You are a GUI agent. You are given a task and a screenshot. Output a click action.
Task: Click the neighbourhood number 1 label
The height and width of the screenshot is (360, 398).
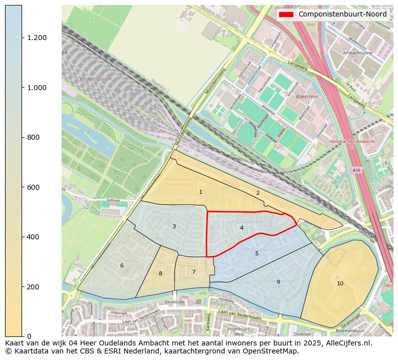coord(201,192)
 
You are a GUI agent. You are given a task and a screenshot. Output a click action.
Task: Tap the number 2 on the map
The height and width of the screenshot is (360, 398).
coord(258,193)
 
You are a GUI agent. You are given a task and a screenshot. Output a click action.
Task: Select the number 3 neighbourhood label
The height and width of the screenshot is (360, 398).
coord(174,227)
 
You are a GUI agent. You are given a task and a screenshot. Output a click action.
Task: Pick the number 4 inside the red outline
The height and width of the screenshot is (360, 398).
coord(242,228)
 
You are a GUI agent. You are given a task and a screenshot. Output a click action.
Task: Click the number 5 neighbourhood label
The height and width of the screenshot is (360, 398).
coord(257,254)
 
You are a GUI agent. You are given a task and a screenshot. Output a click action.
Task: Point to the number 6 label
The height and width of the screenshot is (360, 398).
coord(122,266)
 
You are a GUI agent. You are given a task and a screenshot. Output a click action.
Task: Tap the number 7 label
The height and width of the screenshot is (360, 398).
coord(193,272)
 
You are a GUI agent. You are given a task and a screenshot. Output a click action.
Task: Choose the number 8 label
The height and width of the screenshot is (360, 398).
coord(160,274)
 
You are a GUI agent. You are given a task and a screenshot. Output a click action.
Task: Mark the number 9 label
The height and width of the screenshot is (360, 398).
coord(278,282)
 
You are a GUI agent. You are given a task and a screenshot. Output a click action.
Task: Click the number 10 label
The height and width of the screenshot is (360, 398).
coord(340,284)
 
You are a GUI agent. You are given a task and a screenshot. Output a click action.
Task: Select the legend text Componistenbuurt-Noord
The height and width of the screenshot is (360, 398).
coord(342,15)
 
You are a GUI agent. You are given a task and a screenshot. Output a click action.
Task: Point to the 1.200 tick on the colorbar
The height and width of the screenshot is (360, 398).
coord(37,38)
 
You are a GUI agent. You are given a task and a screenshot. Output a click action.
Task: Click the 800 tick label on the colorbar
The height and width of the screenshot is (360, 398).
coord(34,138)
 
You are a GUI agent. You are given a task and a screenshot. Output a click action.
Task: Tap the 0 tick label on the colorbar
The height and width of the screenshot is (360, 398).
coord(29,336)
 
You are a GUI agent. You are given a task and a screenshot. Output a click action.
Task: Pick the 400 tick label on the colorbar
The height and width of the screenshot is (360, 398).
coord(34,237)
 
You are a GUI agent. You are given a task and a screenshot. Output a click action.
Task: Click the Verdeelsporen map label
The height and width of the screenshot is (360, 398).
coord(95,79)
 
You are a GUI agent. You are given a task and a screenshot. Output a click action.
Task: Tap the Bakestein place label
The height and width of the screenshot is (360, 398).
coord(307,96)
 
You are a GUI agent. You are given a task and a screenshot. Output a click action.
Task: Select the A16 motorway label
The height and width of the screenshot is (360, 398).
coord(356,170)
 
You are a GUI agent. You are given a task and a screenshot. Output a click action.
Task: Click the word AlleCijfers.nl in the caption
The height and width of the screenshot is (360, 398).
coord(346,343)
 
